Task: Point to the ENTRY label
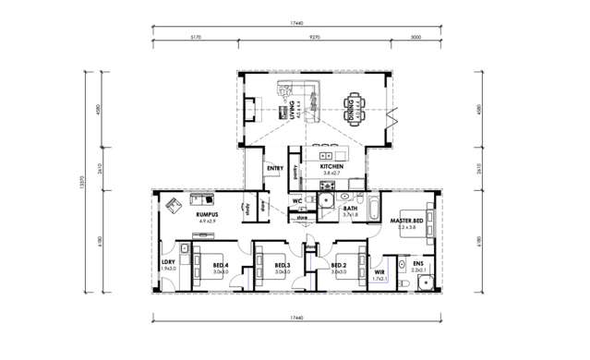tap(274, 168)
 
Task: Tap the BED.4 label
tap(220, 266)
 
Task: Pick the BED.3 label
tap(283, 266)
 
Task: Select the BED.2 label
tap(339, 266)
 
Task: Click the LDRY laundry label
tap(167, 263)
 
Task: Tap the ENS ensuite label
tap(418, 266)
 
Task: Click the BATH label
tap(350, 210)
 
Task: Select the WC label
tap(297, 199)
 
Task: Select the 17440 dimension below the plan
tap(295, 317)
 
